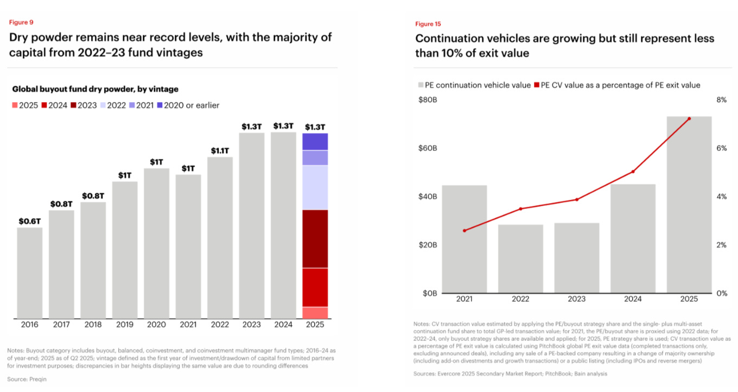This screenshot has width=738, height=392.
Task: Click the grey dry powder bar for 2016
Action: point(29,273)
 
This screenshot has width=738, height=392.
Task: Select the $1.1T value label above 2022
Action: point(220,150)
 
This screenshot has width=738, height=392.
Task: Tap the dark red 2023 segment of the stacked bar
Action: point(315,238)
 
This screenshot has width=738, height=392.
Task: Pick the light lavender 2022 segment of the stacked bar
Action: point(315,187)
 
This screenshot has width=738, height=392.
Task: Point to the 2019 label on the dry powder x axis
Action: point(124,325)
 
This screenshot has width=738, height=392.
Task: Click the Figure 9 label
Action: point(21,22)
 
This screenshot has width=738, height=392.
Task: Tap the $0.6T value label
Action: point(29,221)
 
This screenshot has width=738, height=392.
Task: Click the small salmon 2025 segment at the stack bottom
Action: point(315,313)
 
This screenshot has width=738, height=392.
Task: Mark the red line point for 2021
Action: point(465,231)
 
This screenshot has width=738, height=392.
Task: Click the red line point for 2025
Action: point(689,118)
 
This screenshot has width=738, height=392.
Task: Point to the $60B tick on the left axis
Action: point(428,148)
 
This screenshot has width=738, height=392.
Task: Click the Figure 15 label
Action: point(428,24)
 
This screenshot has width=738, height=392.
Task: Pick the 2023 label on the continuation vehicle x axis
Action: point(577,299)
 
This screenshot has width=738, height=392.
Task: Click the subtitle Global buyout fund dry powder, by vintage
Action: point(95,89)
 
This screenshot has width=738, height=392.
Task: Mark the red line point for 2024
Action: point(633,172)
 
